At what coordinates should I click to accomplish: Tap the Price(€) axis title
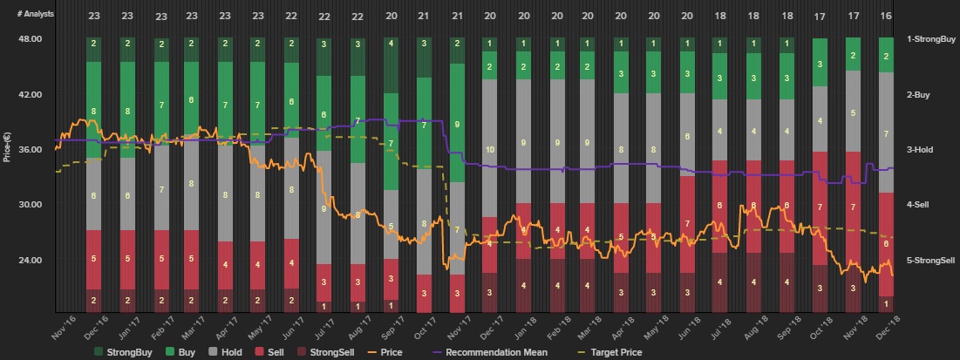tap(8, 149)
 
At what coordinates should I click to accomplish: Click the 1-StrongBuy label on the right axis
tap(931, 39)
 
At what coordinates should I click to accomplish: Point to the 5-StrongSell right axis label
tap(931, 260)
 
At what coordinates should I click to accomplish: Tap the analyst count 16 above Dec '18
tap(886, 16)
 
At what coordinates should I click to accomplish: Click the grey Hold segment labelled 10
tap(489, 149)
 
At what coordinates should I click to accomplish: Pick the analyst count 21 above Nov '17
tap(457, 16)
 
